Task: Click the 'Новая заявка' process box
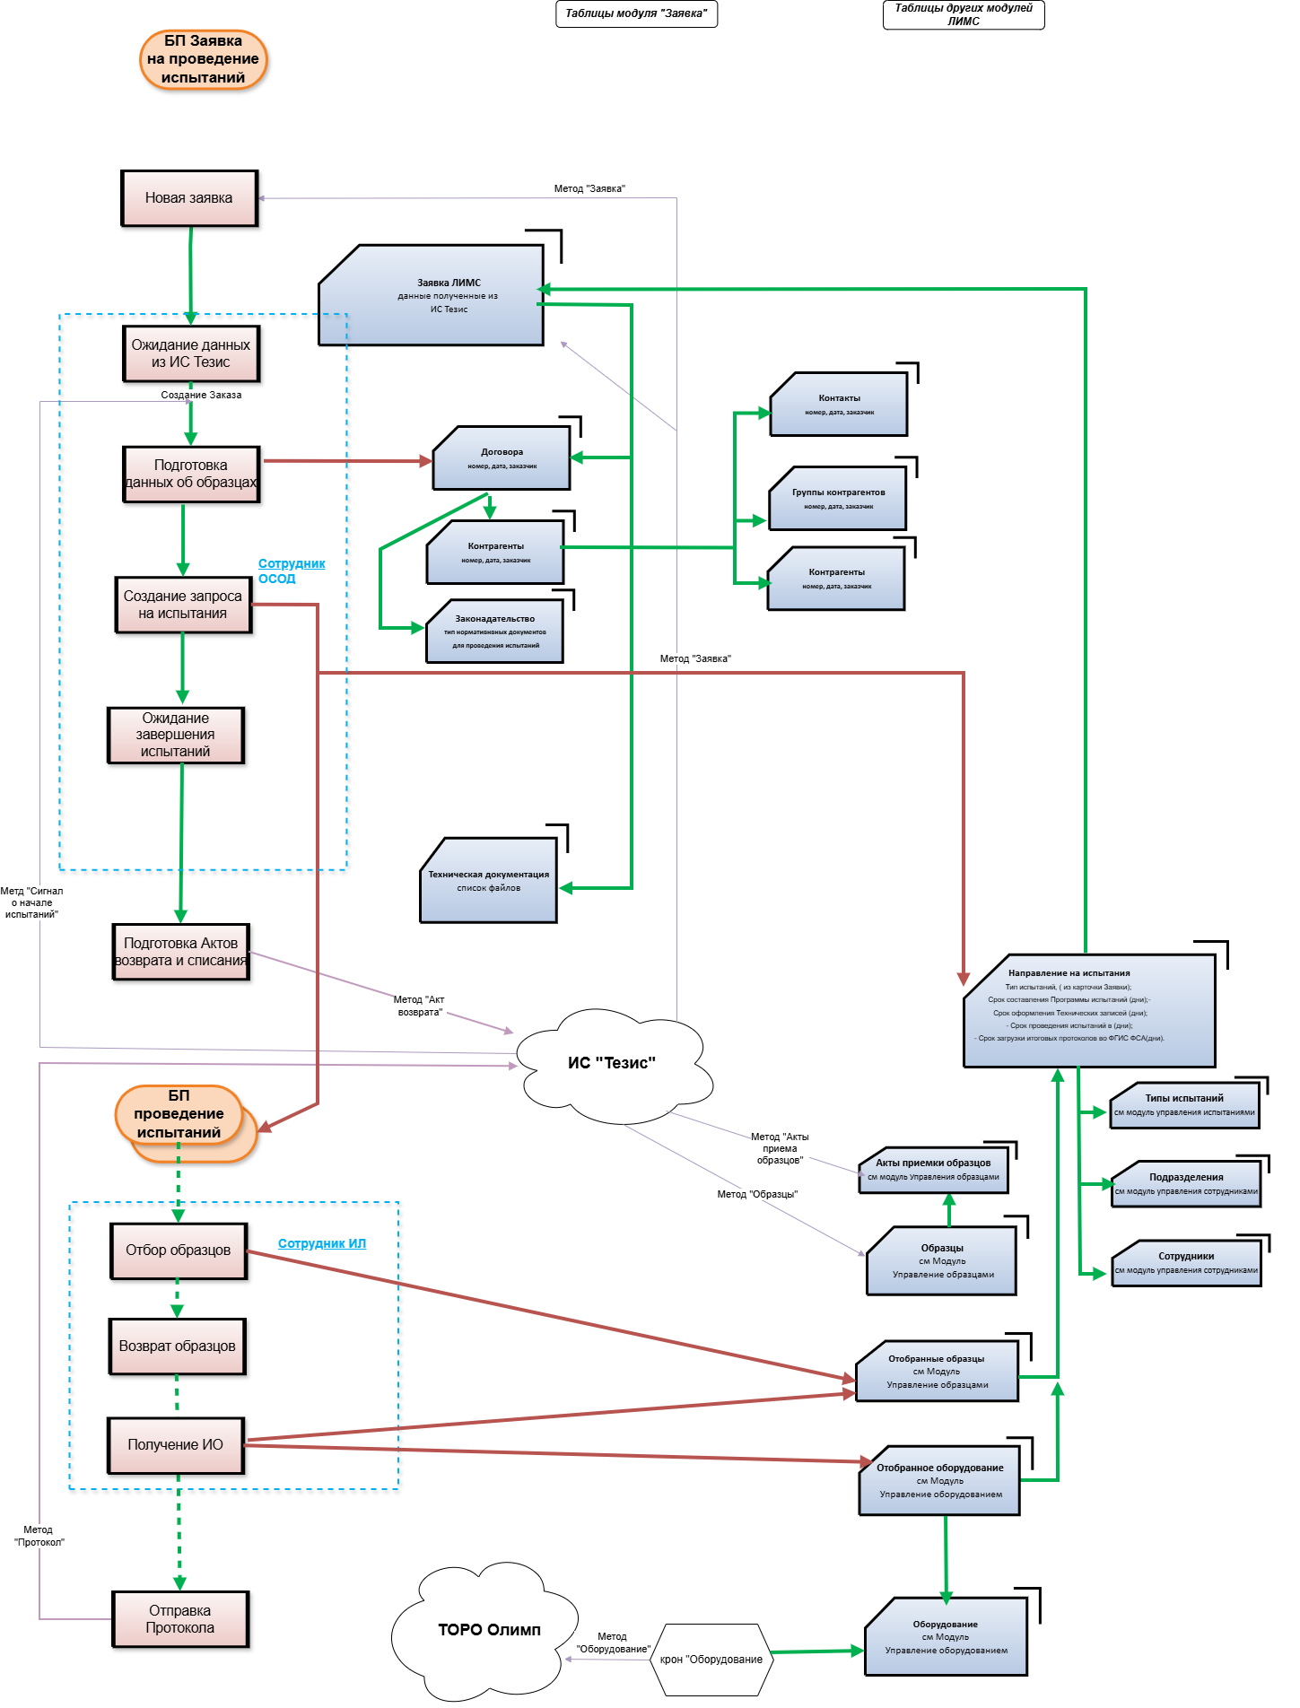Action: pos(189,198)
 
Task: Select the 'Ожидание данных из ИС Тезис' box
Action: pos(191,353)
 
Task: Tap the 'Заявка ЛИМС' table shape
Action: pos(432,296)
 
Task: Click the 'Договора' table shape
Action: pos(502,458)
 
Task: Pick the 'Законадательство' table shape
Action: pos(494,632)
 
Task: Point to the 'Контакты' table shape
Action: pos(839,405)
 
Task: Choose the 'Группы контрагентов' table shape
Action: pos(838,499)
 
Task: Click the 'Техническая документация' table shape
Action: pos(489,881)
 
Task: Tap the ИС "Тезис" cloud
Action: pos(612,1064)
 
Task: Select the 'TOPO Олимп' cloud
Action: pos(489,1630)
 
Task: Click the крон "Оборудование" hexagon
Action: pos(711,1660)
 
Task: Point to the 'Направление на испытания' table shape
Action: pos(1089,1011)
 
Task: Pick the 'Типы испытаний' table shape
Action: pos(1184,1105)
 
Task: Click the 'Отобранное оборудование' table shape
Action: pos(939,1481)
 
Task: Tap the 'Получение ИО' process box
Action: pos(176,1445)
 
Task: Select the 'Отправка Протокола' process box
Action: pos(180,1619)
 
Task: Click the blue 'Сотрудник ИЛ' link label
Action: pos(322,1243)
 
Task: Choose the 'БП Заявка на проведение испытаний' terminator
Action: pos(204,59)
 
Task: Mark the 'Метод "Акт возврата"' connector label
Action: pos(420,1006)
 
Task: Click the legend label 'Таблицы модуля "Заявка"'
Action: pos(636,13)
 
